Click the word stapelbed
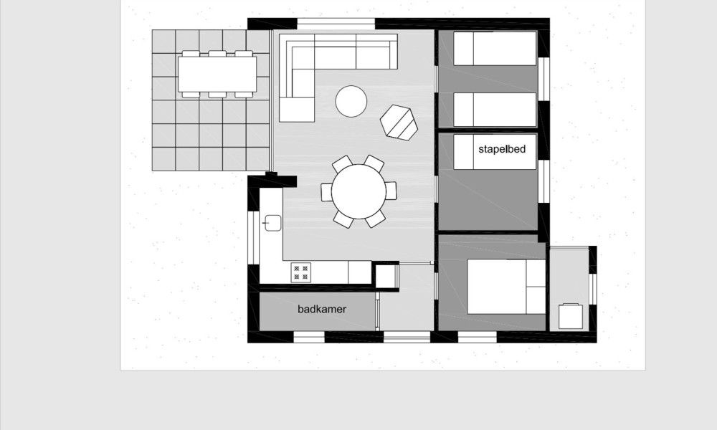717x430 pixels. click(x=502, y=150)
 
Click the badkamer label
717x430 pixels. click(x=322, y=310)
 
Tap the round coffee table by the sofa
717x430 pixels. click(x=351, y=101)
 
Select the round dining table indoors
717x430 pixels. click(x=358, y=191)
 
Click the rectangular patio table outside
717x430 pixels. click(x=217, y=74)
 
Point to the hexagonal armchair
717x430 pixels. click(x=399, y=122)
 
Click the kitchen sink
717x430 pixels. click(x=271, y=224)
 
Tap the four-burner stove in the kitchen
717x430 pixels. click(x=301, y=272)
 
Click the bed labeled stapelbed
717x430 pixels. click(x=495, y=153)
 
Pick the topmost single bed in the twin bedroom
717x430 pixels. click(x=495, y=49)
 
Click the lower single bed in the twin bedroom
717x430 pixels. click(x=495, y=110)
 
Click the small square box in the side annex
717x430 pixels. click(x=571, y=315)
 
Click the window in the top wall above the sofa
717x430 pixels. click(x=336, y=24)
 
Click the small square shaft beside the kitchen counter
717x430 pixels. click(x=386, y=276)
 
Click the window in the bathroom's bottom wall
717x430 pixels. click(x=309, y=336)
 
